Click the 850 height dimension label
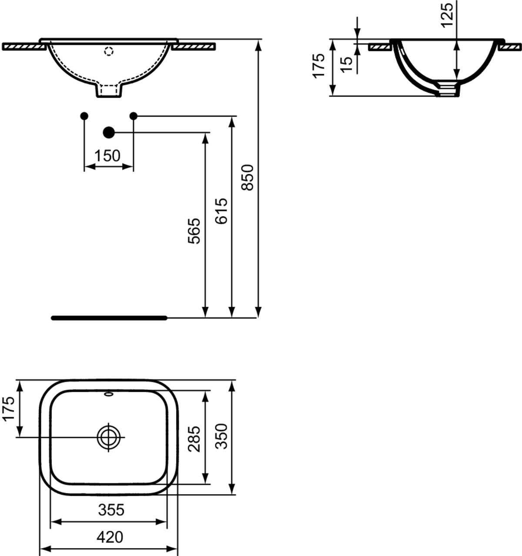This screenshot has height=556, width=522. point(248,178)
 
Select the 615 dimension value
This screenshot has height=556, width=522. point(221,211)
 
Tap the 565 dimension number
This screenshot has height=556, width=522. point(194,231)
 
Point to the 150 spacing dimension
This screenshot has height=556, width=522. point(107,156)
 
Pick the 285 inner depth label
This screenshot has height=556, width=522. point(194,439)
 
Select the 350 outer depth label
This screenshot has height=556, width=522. point(221,436)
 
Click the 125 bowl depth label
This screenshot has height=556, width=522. point(447,15)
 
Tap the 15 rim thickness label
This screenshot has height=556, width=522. point(347,65)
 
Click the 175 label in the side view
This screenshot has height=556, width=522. point(319,66)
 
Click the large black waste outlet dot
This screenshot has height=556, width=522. point(109,132)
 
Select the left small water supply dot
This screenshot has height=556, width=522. point(84,116)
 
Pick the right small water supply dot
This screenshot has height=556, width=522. point(134,115)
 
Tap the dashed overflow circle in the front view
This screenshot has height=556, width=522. point(109,51)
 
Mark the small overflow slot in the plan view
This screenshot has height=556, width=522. point(109,395)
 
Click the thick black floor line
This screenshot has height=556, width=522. point(109,318)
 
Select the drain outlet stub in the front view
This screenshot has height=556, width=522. point(109,90)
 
